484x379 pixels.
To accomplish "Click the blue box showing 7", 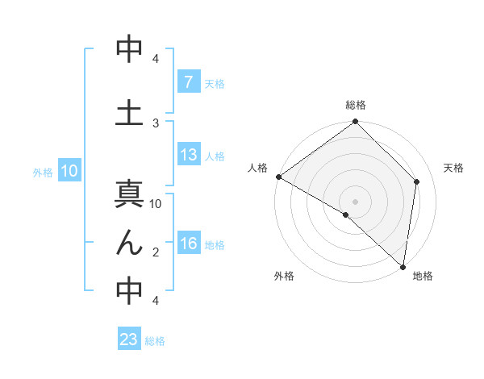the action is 188,82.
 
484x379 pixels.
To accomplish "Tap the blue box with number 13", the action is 188,155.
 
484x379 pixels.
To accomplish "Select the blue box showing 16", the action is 188,244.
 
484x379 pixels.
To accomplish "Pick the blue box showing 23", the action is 129,339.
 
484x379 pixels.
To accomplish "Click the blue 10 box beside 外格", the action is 69,171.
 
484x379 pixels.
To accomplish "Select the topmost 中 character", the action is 129,48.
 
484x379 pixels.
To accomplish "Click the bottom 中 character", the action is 129,290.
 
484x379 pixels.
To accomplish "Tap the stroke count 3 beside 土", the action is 156,123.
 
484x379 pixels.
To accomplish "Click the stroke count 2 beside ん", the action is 156,252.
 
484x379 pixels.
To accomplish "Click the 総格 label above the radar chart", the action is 355,105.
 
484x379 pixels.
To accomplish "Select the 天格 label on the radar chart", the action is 453,168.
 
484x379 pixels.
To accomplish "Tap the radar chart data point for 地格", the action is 403,266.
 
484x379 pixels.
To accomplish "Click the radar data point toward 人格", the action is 278,177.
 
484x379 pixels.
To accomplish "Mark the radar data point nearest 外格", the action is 346,214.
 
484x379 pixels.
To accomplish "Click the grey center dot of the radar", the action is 355,201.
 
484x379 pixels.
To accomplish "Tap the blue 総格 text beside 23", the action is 155,340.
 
